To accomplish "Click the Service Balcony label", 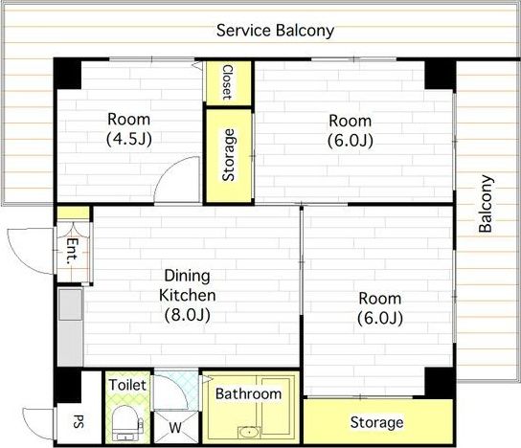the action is pyautogui.click(x=275, y=31).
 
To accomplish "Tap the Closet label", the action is pyautogui.click(x=228, y=82).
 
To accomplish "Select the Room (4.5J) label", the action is pyautogui.click(x=129, y=129).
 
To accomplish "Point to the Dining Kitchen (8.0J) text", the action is pyautogui.click(x=188, y=295).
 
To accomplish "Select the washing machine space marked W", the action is pyautogui.click(x=174, y=427).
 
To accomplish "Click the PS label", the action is pyautogui.click(x=79, y=421).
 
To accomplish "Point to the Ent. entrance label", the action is pyautogui.click(x=73, y=251).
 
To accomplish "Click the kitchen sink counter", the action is pyautogui.click(x=71, y=327).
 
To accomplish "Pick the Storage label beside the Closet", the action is pyautogui.click(x=228, y=155).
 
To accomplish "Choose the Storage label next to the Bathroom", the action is pyautogui.click(x=376, y=422).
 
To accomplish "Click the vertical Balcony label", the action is pyautogui.click(x=486, y=203).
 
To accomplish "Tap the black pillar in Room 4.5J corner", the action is pyautogui.click(x=68, y=74).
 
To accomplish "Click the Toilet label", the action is pyautogui.click(x=127, y=385).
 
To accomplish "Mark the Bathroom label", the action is pyautogui.click(x=249, y=393).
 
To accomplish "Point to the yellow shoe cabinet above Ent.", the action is pyautogui.click(x=73, y=213).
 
